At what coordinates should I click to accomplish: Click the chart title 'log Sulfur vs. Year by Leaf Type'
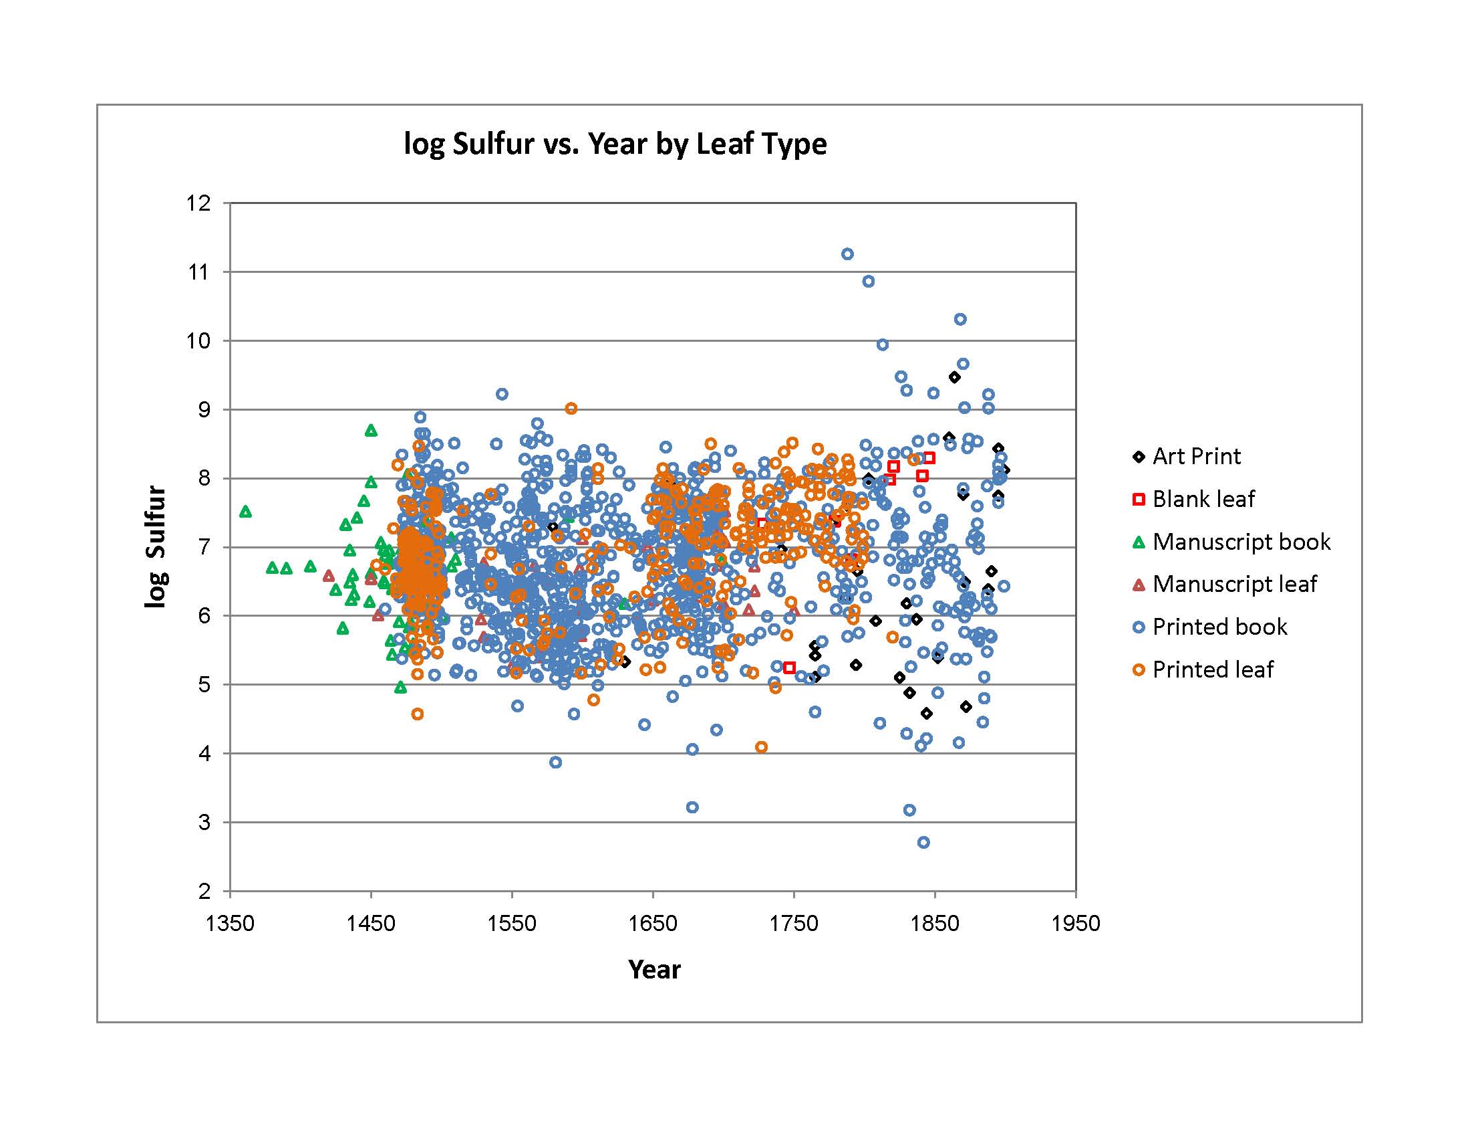tap(615, 144)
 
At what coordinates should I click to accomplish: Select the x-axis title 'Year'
tap(653, 969)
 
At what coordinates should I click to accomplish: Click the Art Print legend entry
tap(1196, 456)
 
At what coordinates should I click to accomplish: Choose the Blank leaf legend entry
tap(1203, 499)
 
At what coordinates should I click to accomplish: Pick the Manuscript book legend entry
tap(1241, 542)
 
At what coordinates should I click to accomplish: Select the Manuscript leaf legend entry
tap(1233, 584)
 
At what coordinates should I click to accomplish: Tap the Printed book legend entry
tap(1219, 627)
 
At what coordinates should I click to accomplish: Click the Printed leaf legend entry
tap(1212, 669)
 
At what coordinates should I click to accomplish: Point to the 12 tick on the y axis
tap(198, 203)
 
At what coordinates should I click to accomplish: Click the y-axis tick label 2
tap(204, 891)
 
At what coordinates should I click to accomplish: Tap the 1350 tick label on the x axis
tap(231, 923)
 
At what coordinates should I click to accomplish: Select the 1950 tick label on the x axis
tap(1076, 923)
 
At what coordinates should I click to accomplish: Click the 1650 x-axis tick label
tap(653, 923)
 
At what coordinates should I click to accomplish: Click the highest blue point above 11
tap(847, 254)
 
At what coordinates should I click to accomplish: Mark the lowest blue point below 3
tap(923, 843)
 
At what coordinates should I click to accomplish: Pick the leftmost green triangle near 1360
tap(246, 512)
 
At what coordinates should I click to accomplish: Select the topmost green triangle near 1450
tap(371, 431)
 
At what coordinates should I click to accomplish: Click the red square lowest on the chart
tap(790, 667)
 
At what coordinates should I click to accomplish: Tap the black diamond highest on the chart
tap(954, 377)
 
